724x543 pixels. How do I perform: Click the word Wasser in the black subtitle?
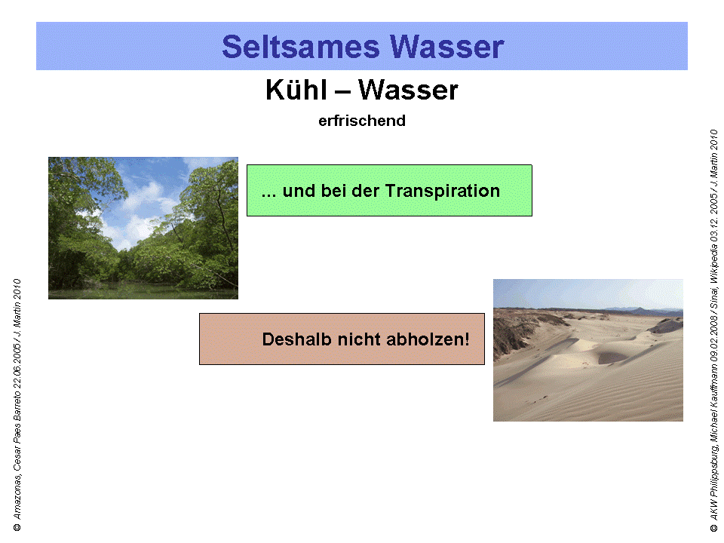(408, 90)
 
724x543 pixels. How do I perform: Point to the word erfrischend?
(362, 121)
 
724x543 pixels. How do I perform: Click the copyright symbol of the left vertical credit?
(17, 526)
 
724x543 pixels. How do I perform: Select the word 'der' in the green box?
(367, 191)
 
